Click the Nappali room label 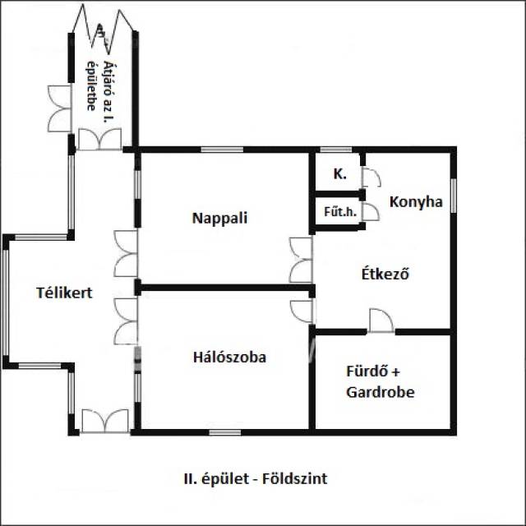219,219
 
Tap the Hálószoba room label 229,358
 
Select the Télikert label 63,292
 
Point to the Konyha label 416,201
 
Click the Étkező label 385,274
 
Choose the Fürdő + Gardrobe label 380,381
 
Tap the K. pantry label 339,174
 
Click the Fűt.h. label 339,211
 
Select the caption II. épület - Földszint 256,478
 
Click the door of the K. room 371,178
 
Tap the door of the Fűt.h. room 371,211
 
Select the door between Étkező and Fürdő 381,321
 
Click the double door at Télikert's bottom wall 105,421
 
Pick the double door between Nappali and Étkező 302,260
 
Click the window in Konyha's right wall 453,195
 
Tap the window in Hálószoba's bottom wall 224,431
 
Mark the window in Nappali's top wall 215,150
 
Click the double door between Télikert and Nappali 127,254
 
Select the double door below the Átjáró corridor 100,139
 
